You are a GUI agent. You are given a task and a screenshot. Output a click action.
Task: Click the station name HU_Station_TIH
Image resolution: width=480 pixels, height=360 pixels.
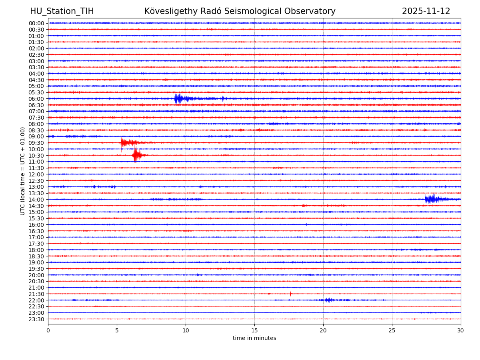62,11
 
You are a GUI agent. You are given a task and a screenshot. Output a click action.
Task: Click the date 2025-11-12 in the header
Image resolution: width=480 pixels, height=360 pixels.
426,11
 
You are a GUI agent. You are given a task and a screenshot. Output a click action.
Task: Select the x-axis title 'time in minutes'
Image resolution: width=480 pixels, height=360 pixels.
254,338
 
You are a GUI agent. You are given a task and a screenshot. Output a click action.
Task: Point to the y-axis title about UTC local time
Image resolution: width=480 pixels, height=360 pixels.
23,171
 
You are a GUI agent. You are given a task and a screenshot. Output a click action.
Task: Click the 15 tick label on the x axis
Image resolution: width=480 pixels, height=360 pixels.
254,330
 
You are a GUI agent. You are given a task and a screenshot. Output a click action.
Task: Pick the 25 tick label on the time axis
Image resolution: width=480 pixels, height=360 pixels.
392,330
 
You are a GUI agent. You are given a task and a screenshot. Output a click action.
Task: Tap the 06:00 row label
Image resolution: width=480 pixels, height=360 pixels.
36,99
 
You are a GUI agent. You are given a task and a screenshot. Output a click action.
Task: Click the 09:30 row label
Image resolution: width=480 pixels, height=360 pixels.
36,143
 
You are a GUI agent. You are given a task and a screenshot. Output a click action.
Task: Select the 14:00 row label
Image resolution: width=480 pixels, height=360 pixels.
36,200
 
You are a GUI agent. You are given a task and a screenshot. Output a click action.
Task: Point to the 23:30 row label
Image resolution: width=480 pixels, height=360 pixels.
36,319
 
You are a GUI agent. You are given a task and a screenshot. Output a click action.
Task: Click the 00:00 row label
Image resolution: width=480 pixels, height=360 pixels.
36,23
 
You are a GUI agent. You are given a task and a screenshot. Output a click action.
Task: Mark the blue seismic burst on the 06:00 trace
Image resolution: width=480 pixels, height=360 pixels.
179,98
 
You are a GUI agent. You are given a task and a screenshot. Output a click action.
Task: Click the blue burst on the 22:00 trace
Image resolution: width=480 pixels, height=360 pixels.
328,300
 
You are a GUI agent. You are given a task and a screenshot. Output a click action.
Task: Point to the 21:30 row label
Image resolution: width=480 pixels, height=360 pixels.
36,294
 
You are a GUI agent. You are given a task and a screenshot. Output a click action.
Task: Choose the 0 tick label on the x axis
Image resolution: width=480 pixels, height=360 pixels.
48,330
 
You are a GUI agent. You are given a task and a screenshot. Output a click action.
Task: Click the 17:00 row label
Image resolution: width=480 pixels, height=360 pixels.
36,237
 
